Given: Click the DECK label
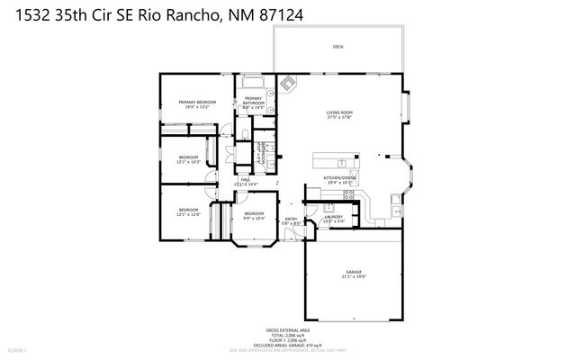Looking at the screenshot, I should click(x=337, y=46).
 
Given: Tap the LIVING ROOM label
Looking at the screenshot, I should click(x=338, y=112).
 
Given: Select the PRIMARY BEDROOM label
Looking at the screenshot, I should click(x=196, y=102).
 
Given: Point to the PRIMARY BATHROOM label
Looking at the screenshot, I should click(x=253, y=99).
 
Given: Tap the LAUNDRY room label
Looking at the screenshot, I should click(x=333, y=217).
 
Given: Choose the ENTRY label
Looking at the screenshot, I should click(x=291, y=219).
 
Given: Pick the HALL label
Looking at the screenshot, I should click(x=245, y=179).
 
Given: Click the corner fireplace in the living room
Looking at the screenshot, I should click(x=288, y=83).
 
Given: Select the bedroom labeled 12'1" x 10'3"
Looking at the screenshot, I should click(x=188, y=162).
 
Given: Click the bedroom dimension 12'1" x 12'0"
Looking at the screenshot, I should click(x=188, y=214).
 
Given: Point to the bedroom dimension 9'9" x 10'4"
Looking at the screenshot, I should click(x=254, y=218).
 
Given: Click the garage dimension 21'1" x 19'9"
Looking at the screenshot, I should click(x=353, y=277).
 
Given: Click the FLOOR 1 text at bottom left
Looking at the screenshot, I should click(x=17, y=349).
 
